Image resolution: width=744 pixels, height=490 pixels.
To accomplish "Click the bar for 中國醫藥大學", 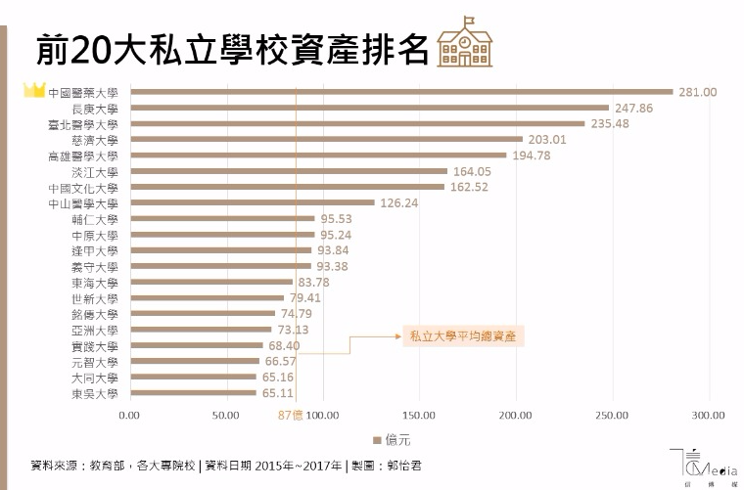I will (401, 92).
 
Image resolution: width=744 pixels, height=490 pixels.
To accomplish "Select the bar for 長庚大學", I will (369, 108).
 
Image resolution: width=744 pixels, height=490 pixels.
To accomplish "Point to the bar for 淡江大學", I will (288, 171).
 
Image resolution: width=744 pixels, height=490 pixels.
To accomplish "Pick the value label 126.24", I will (398, 202).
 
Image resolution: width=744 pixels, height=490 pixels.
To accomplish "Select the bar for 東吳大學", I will (193, 393).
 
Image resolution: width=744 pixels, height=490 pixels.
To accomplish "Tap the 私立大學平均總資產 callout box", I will (462, 335).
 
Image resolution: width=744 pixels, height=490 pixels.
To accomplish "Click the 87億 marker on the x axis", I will (292, 415).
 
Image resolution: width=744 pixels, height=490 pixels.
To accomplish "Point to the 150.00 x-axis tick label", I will (419, 415).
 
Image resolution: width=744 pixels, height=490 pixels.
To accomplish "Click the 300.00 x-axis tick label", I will (708, 415).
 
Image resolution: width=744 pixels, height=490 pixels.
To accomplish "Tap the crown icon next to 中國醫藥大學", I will (34, 91).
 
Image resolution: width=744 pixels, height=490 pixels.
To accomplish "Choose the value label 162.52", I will (468, 187).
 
